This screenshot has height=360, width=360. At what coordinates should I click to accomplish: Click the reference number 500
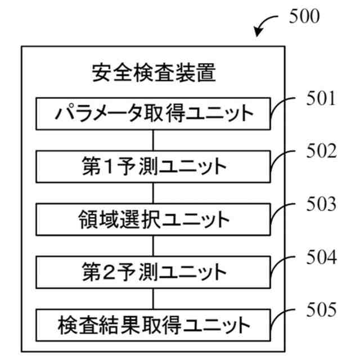coord(304,16)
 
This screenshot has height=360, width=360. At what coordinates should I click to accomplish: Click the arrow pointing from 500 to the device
coord(266,25)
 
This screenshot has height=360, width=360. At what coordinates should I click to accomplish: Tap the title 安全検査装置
coord(153,73)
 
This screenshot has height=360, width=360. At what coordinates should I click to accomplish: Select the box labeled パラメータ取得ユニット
coord(153,114)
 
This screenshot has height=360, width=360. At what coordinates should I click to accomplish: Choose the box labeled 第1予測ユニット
coord(153,167)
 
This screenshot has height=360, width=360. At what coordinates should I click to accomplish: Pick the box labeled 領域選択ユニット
coord(153,219)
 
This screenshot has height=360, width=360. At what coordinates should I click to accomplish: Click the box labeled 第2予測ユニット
coord(153,272)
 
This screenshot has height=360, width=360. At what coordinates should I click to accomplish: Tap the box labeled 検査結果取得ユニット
coord(153,325)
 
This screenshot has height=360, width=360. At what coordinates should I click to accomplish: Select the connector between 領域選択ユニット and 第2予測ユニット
coord(153,246)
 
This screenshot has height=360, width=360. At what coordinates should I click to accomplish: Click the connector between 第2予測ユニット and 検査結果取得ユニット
coord(153,299)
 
